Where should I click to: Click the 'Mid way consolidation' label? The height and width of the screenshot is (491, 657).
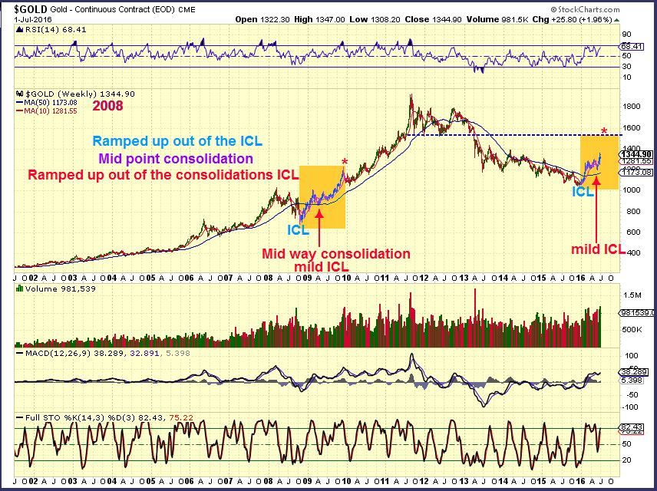click(336, 253)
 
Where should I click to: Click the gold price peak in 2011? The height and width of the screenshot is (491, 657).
click(412, 96)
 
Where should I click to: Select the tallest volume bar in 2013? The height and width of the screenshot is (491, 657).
click(475, 292)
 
